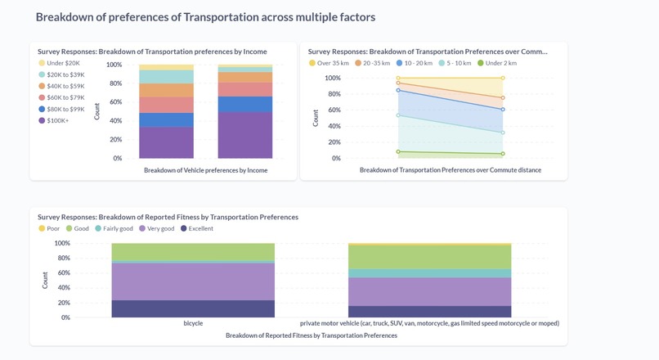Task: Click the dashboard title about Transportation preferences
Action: [x=205, y=16]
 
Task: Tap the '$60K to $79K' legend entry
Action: [x=65, y=97]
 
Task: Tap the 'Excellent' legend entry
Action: [x=196, y=228]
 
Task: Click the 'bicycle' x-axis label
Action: [x=193, y=323]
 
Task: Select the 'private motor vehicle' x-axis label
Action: [x=429, y=323]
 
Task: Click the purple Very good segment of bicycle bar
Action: [x=193, y=281]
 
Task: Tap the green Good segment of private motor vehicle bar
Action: [x=429, y=257]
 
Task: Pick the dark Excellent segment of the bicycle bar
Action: [x=193, y=308]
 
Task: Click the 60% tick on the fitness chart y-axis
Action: [x=62, y=273]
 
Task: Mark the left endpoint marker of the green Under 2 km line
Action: [x=398, y=151]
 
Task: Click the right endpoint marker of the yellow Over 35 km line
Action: [x=503, y=78]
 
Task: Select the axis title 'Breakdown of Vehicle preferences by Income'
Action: [x=205, y=170]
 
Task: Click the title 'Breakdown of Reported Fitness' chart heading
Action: [x=168, y=217]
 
